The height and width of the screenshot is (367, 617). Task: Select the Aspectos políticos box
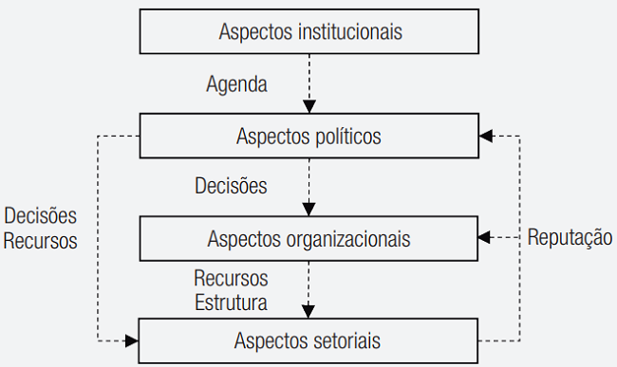tap(308, 137)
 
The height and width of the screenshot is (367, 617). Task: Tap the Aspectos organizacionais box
tap(308, 239)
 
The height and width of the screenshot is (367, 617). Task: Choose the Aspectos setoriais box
tap(308, 339)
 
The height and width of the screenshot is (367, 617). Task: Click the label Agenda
tap(236, 83)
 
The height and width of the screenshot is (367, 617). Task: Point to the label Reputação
tap(570, 237)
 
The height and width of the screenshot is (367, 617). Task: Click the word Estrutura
tap(231, 303)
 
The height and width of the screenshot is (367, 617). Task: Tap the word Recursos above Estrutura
tap(231, 281)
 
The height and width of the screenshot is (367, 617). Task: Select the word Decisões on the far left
tap(40, 216)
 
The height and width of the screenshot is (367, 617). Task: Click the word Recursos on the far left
tap(40, 240)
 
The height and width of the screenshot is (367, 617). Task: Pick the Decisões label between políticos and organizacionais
tap(231, 186)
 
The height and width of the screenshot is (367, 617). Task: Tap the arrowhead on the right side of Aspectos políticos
tap(485, 137)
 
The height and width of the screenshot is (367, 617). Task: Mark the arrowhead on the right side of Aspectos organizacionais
tap(485, 237)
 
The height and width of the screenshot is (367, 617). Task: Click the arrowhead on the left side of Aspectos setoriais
tap(132, 339)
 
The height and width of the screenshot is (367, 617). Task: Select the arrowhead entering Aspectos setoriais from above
tap(308, 312)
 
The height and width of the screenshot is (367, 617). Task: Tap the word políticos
tap(347, 137)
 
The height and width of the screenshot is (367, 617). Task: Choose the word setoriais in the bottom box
tap(348, 339)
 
